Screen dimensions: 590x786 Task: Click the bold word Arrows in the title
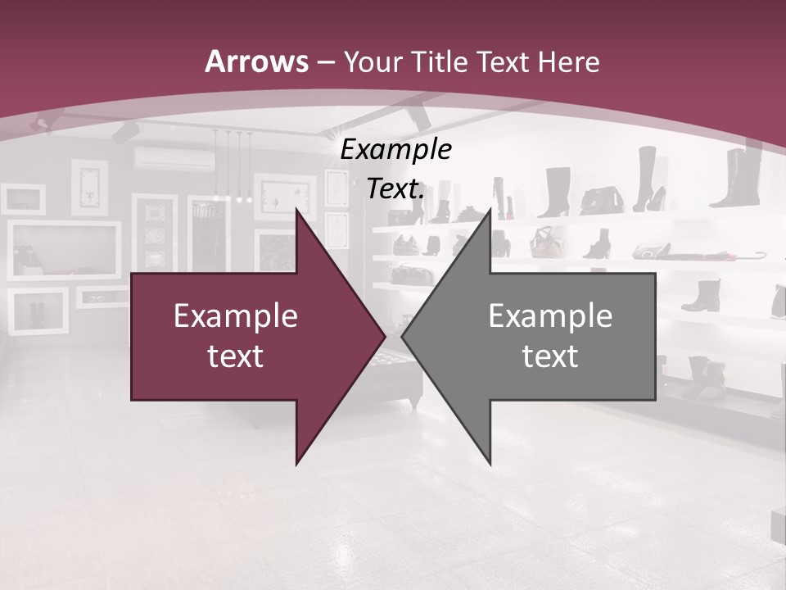pyautogui.click(x=257, y=61)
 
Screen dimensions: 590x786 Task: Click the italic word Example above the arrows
pyautogui.click(x=396, y=149)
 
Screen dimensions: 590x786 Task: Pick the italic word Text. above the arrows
pyautogui.click(x=396, y=189)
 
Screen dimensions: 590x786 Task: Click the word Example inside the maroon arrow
pyautogui.click(x=236, y=315)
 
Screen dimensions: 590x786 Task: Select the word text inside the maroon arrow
pyautogui.click(x=236, y=356)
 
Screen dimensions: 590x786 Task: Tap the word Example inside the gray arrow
pyautogui.click(x=550, y=315)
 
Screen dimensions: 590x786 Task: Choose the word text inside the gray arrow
pyautogui.click(x=550, y=356)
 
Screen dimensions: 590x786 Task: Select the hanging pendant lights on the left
pyautogui.click(x=233, y=168)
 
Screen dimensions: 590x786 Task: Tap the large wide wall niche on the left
pyautogui.click(x=64, y=250)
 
